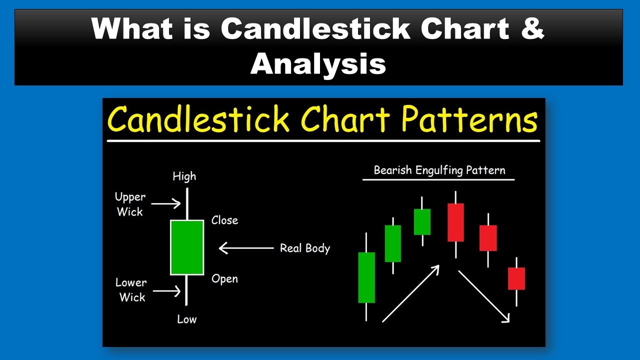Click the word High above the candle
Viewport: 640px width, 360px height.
click(x=184, y=176)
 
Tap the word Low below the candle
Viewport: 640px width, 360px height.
click(x=187, y=319)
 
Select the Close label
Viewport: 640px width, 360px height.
click(x=224, y=220)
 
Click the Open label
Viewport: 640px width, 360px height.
click(x=224, y=279)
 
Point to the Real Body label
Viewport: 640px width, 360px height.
click(x=305, y=248)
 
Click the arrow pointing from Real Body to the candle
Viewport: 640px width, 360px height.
click(x=246, y=248)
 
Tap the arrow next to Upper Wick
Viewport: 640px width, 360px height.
click(x=166, y=203)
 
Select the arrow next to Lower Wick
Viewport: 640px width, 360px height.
click(x=167, y=291)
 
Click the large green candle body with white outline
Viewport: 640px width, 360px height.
click(x=187, y=247)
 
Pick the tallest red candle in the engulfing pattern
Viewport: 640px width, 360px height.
click(x=455, y=222)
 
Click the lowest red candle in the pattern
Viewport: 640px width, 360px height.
click(x=516, y=278)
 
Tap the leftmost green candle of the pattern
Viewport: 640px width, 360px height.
click(x=366, y=277)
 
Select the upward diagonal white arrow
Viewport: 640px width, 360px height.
click(x=411, y=293)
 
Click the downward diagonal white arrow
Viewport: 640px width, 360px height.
click(x=484, y=296)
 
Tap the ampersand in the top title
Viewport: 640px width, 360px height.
click(x=532, y=28)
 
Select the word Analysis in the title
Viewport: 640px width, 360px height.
click(x=318, y=64)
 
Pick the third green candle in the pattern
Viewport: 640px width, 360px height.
click(x=422, y=221)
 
